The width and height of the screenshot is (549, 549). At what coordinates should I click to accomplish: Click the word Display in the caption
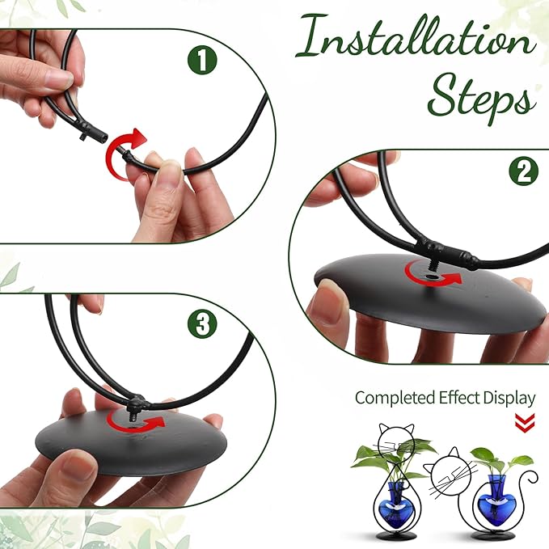(x=509, y=398)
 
